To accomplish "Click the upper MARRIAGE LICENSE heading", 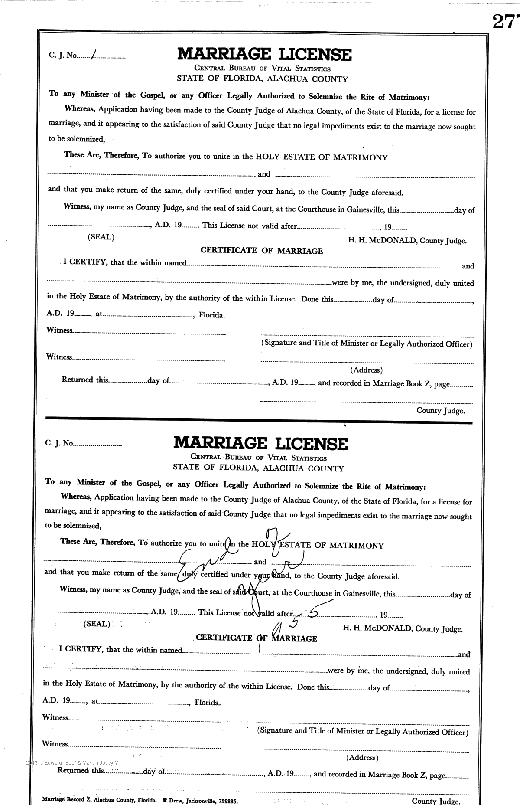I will tap(264, 55).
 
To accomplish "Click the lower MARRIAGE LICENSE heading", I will tap(260, 443).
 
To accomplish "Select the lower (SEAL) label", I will tap(97, 625).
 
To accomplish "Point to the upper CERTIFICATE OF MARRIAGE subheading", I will tap(261, 251).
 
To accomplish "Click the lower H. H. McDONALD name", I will tap(377, 628).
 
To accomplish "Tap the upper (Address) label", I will tap(366, 370).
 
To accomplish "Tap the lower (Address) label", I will tap(362, 758).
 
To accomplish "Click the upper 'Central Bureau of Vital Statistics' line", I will tap(262, 69).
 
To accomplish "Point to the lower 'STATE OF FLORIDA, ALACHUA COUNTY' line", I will tap(258, 468).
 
